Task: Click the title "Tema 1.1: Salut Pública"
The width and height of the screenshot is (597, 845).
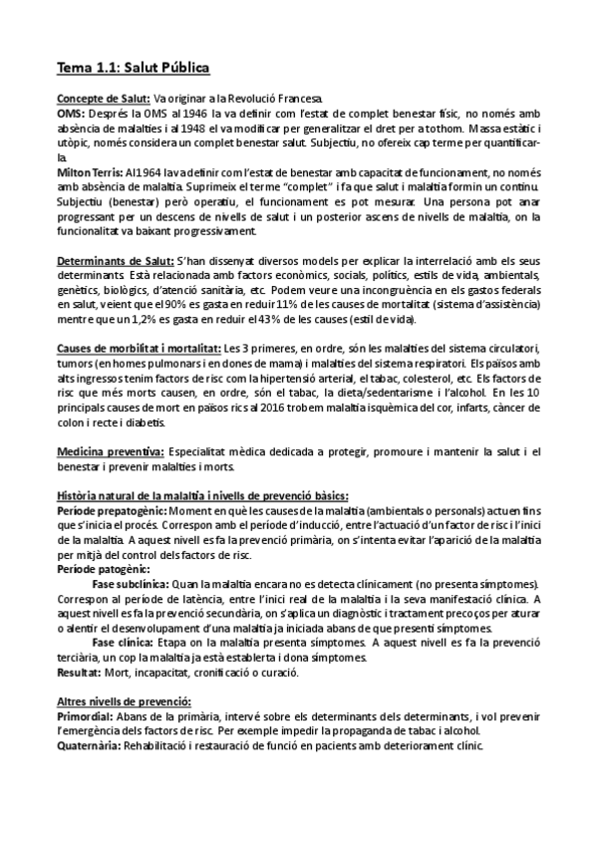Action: click(133, 68)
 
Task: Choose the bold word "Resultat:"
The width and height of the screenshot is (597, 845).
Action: click(83, 674)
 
